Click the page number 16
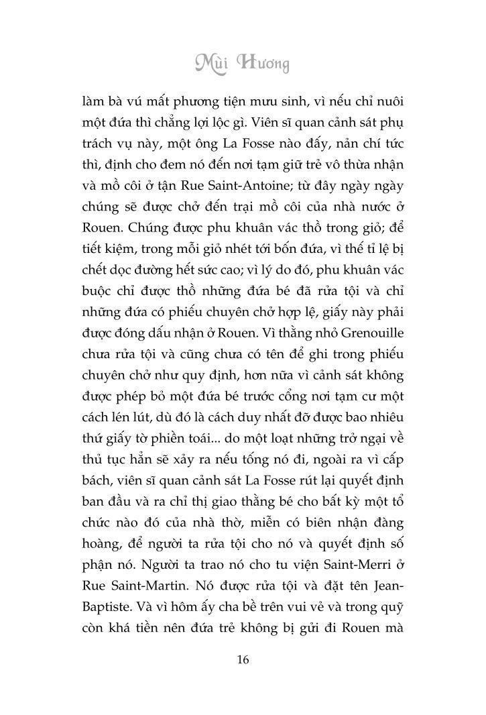click(243, 660)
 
